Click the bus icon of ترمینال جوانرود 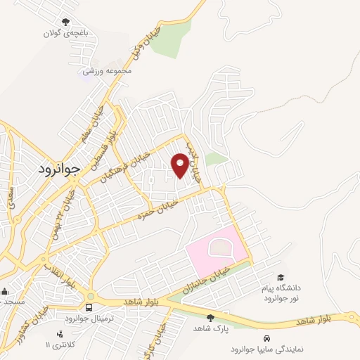[x=89, y=307]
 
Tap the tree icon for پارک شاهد [x=210, y=317]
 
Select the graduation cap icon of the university [x=282, y=278]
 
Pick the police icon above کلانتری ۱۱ [x=59, y=334]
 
